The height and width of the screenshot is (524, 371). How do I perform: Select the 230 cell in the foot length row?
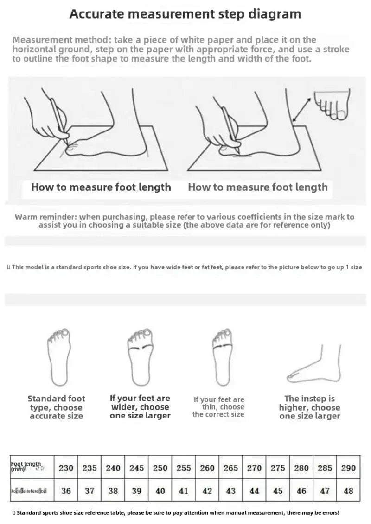click(66, 468)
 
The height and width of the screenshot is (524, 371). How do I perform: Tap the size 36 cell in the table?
click(66, 491)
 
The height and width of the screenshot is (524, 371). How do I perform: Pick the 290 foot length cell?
click(348, 468)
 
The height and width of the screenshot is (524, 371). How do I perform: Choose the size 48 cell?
click(348, 491)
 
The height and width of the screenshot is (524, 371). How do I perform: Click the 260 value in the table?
click(207, 468)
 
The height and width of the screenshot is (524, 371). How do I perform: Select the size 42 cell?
click(207, 491)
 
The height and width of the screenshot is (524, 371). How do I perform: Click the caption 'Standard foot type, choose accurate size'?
click(56, 407)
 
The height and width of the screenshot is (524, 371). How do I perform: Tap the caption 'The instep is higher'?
click(309, 399)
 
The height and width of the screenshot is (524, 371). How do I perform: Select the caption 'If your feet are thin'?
click(219, 399)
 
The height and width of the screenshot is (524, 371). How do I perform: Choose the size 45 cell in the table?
click(278, 491)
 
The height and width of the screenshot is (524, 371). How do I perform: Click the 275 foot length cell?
click(278, 468)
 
